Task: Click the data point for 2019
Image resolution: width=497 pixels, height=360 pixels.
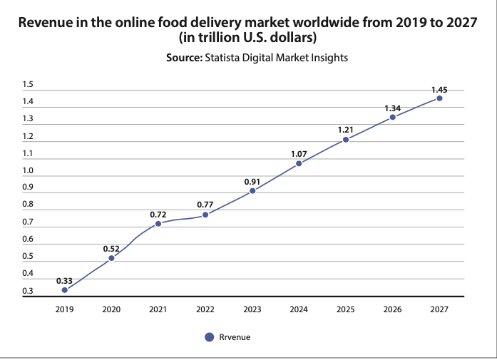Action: pos(65,290)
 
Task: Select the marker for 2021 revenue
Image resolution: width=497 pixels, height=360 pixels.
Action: pos(158,223)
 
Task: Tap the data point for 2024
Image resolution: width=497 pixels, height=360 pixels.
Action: pos(299,163)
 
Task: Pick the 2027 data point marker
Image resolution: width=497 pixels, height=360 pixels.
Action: pos(439,98)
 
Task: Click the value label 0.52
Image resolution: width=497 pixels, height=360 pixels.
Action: pos(111,248)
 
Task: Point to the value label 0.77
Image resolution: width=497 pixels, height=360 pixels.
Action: pos(205,205)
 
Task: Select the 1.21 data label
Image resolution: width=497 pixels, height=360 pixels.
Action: pos(346,130)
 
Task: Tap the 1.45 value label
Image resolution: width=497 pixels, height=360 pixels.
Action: pos(439,89)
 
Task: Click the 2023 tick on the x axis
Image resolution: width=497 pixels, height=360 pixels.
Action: pos(252,310)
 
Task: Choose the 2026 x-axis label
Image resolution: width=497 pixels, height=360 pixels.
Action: pos(392,310)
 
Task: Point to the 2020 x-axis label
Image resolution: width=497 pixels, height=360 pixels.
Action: pos(111,310)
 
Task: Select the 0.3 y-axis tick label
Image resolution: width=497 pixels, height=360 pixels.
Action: pos(27,291)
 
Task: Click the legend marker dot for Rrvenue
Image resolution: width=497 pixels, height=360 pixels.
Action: pos(209,337)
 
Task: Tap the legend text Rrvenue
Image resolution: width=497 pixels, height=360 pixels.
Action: pos(235,337)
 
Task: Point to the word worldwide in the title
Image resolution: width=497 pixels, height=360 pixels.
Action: pos(329,22)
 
